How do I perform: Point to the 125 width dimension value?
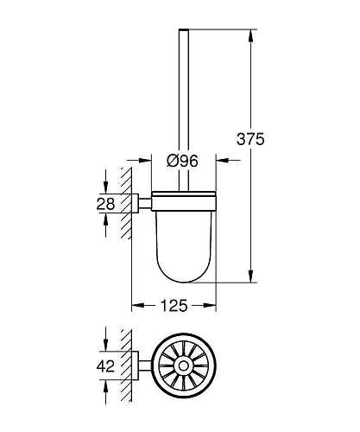tap(174, 306)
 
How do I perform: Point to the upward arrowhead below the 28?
tap(105, 220)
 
